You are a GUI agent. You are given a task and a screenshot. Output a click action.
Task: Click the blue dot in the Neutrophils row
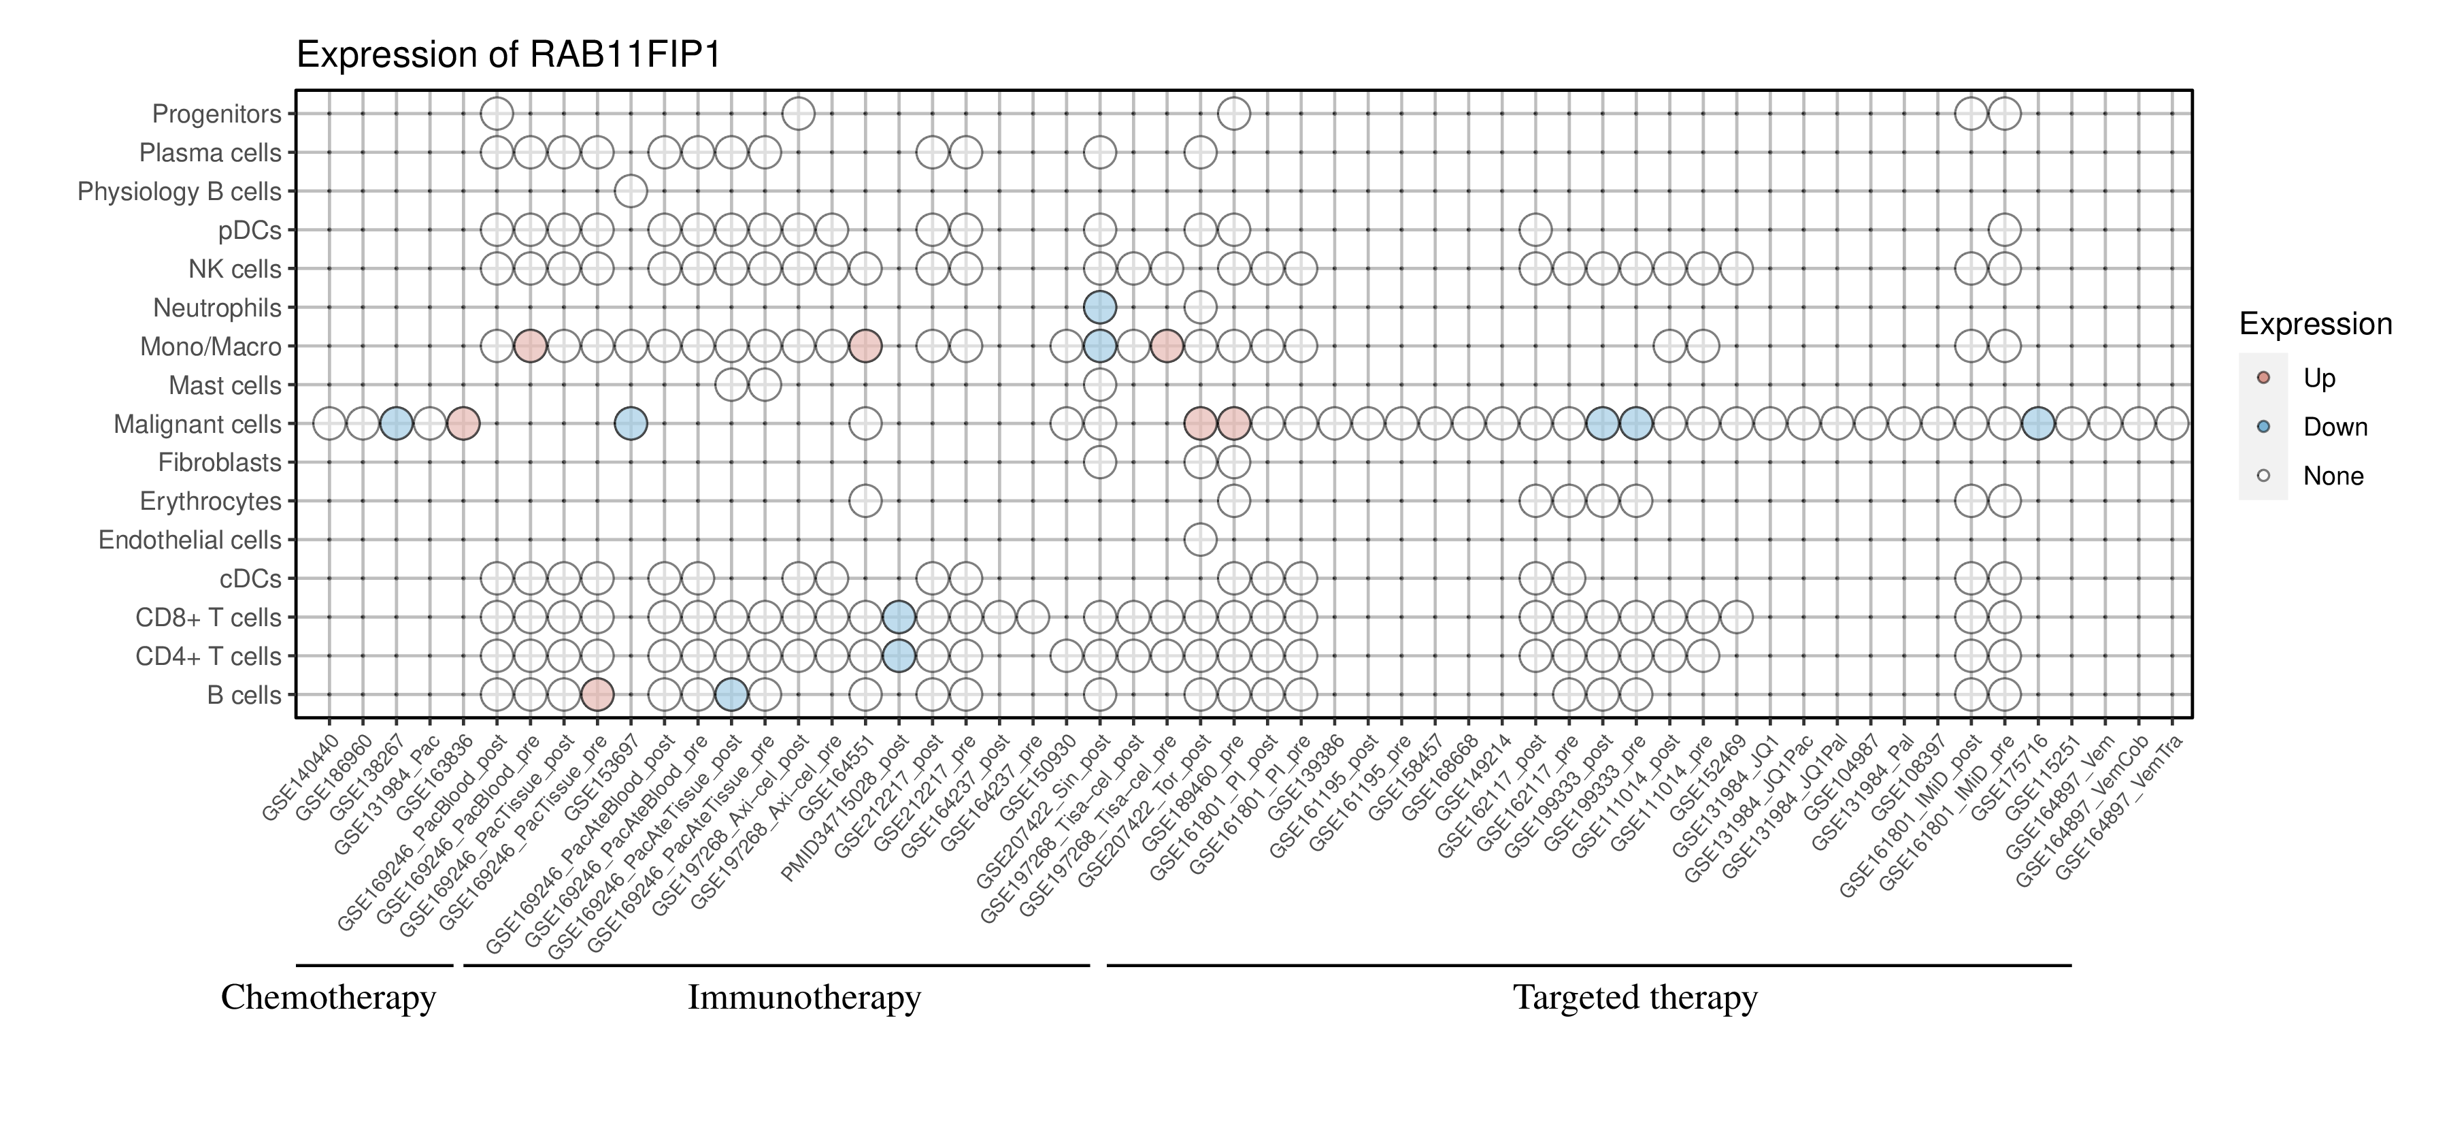[x=1099, y=307]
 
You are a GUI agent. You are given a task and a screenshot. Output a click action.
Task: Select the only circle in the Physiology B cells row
[x=631, y=191]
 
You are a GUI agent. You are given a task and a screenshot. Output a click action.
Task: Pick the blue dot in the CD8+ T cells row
[x=899, y=617]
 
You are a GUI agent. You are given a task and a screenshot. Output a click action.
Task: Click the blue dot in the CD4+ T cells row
[x=899, y=656]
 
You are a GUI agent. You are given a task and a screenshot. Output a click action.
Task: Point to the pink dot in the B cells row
[x=597, y=695]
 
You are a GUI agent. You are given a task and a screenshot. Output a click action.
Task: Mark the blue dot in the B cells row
[x=731, y=695]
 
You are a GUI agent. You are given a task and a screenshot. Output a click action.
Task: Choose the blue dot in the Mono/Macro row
[x=1099, y=346]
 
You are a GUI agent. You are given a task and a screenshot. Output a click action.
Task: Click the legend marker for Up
[x=2263, y=378]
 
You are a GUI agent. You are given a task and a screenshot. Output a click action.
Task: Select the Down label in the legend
[x=2334, y=427]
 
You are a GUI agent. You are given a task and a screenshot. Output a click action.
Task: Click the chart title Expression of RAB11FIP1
[x=509, y=54]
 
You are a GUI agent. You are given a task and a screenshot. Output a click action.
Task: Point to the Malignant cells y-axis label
[x=198, y=424]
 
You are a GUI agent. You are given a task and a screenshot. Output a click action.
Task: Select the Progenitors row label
[x=217, y=114]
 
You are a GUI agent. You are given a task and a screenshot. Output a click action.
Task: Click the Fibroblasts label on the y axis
[x=220, y=462]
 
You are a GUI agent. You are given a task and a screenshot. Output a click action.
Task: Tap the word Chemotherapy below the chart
[x=328, y=998]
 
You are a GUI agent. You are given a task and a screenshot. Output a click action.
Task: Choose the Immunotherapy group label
[x=804, y=998]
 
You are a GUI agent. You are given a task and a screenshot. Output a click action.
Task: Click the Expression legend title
[x=2315, y=324]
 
